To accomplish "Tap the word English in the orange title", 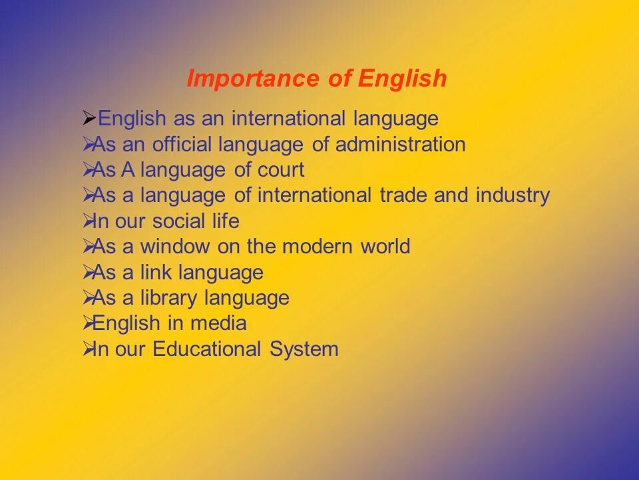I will point(402,79).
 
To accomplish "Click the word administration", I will point(400,145).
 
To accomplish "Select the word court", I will point(280,170).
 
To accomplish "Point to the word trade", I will point(403,195).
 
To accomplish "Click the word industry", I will point(513,195).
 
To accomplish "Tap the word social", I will point(176,221).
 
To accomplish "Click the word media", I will point(218,323).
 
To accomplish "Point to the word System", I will point(304,349).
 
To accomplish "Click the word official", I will point(181,145).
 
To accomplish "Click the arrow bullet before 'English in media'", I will point(87,323).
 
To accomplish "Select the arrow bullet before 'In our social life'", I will point(87,221).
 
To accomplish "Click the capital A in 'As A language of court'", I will point(127,170).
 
